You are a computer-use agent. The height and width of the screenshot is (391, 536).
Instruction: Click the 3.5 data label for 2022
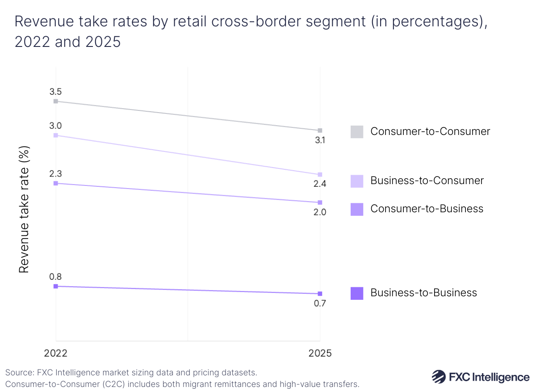pos(55,92)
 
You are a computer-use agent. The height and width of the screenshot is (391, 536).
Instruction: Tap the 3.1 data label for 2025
pos(320,140)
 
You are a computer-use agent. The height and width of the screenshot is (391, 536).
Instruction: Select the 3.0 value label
pos(55,126)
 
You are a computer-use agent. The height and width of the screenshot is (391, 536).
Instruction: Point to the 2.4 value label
pos(320,184)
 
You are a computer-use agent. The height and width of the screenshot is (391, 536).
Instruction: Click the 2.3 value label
pos(55,173)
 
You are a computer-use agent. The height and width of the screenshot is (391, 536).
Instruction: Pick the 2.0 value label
pos(320,212)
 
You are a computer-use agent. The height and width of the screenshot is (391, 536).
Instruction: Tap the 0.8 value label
pos(55,277)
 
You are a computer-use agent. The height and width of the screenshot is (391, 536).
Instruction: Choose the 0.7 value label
pos(320,303)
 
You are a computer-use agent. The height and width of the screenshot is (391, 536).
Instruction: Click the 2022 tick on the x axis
pos(55,353)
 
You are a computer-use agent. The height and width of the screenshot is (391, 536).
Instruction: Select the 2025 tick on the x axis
pos(320,353)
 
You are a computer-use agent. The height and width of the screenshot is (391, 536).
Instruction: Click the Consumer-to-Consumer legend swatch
pos(357,131)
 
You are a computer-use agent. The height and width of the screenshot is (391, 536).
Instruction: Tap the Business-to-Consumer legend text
pos(427,181)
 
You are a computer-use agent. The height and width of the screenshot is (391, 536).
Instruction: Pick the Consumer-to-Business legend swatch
pos(357,209)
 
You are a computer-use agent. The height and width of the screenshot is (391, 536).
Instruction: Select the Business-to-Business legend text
pos(423,293)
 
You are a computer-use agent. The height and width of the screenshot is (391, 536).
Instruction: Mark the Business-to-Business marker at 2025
pos(320,294)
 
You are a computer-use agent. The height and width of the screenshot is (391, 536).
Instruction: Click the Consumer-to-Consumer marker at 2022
pos(56,101)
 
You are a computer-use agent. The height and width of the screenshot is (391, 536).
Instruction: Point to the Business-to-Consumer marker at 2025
pos(320,175)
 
